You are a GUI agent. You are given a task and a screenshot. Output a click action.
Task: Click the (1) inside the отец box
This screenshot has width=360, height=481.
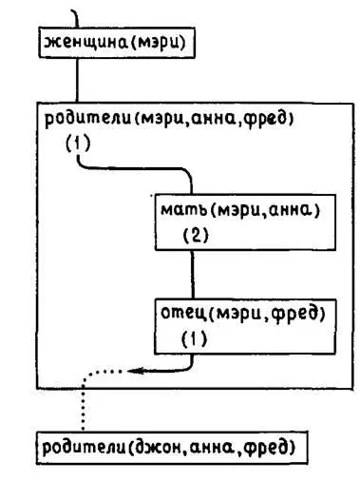tap(193, 337)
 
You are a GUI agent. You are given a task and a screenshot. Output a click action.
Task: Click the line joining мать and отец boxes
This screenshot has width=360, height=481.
tap(193, 275)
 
